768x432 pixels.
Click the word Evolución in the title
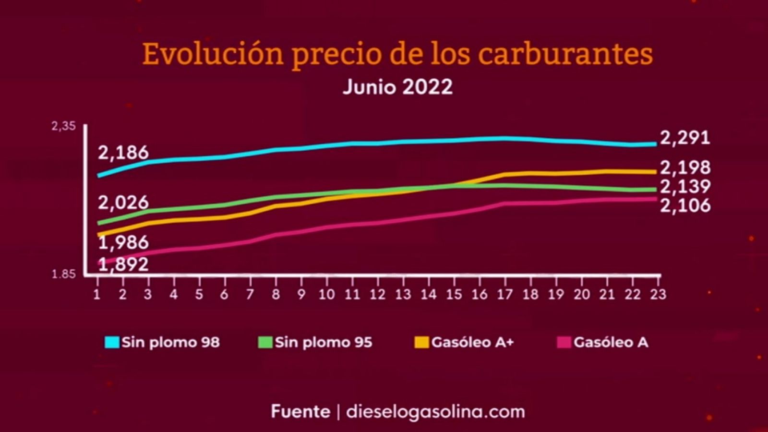[x=213, y=54]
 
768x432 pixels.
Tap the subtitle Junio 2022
[x=397, y=87]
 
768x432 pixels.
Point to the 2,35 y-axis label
[x=64, y=127]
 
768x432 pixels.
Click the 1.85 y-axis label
[x=63, y=275]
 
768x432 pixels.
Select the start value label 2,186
[x=123, y=153]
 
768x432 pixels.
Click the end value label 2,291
[x=685, y=138]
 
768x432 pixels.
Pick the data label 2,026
[x=123, y=203]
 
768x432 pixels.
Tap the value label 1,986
[x=123, y=242]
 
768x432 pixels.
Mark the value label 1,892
[x=123, y=264]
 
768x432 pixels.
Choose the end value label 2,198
[x=685, y=168]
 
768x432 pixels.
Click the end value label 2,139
[x=685, y=187]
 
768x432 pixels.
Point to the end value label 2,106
[x=685, y=205]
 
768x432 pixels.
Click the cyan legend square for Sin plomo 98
[x=112, y=342]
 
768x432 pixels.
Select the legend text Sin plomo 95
[x=323, y=342]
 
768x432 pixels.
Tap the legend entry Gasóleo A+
[x=472, y=342]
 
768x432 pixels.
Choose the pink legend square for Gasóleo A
[x=564, y=342]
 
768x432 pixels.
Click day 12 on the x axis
[x=378, y=294]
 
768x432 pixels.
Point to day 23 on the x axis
[x=658, y=294]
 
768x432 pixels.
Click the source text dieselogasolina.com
[x=435, y=412]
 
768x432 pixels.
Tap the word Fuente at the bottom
[x=300, y=412]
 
